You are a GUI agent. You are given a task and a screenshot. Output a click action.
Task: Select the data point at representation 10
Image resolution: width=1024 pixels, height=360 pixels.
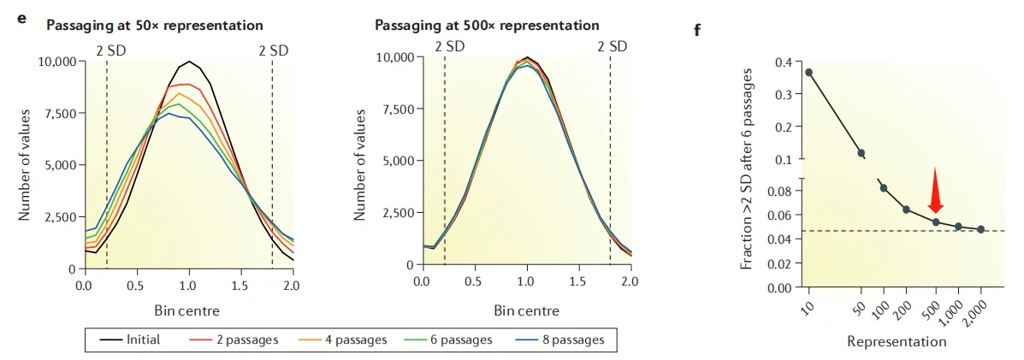point(808,73)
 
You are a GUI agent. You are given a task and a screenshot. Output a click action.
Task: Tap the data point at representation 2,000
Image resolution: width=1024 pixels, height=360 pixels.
point(980,229)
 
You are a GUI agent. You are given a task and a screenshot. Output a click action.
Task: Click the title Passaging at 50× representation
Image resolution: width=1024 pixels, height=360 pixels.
point(154,25)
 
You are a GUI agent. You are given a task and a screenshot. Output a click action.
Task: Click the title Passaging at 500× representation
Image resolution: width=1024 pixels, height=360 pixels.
point(487,25)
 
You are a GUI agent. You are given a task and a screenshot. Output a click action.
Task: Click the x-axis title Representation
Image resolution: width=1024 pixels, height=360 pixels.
point(897,341)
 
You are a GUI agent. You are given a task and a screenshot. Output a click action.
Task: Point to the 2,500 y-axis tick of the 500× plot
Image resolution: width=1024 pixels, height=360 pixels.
point(396,212)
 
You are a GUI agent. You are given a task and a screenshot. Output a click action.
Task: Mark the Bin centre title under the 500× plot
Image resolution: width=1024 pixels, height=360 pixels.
point(525,310)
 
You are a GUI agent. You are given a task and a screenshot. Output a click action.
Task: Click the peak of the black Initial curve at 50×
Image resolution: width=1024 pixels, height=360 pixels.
point(189,62)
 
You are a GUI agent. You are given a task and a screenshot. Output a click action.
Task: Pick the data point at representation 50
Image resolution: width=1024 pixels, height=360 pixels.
point(861,153)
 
